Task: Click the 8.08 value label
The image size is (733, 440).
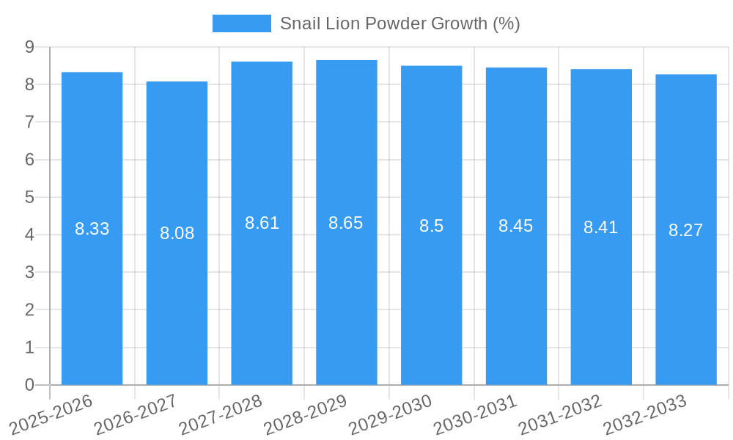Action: [177, 233]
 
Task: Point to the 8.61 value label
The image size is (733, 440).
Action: [262, 223]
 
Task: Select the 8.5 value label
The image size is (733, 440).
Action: [431, 226]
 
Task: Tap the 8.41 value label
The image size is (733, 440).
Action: [600, 227]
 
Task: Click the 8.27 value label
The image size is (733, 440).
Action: [685, 230]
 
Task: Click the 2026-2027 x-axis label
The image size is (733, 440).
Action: [136, 414]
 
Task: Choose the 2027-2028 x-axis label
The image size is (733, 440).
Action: [221, 414]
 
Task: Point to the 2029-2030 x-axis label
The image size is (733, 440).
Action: [390, 414]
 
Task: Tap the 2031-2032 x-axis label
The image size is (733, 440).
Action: [560, 414]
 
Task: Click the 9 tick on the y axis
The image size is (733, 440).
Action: [30, 47]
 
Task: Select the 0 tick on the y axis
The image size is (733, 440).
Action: [30, 385]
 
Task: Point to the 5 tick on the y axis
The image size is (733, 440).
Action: [30, 197]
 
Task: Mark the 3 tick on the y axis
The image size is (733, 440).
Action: [30, 272]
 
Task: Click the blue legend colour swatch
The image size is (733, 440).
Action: [241, 23]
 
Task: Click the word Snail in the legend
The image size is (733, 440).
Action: [300, 23]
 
